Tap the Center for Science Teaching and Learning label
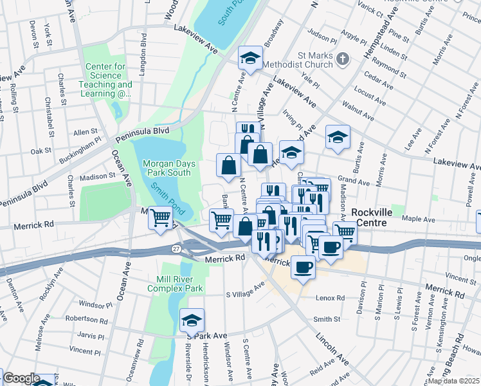click(105, 80)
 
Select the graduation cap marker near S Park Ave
click(192, 320)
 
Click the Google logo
click(21, 378)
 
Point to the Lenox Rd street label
click(331, 299)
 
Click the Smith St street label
click(327, 319)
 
